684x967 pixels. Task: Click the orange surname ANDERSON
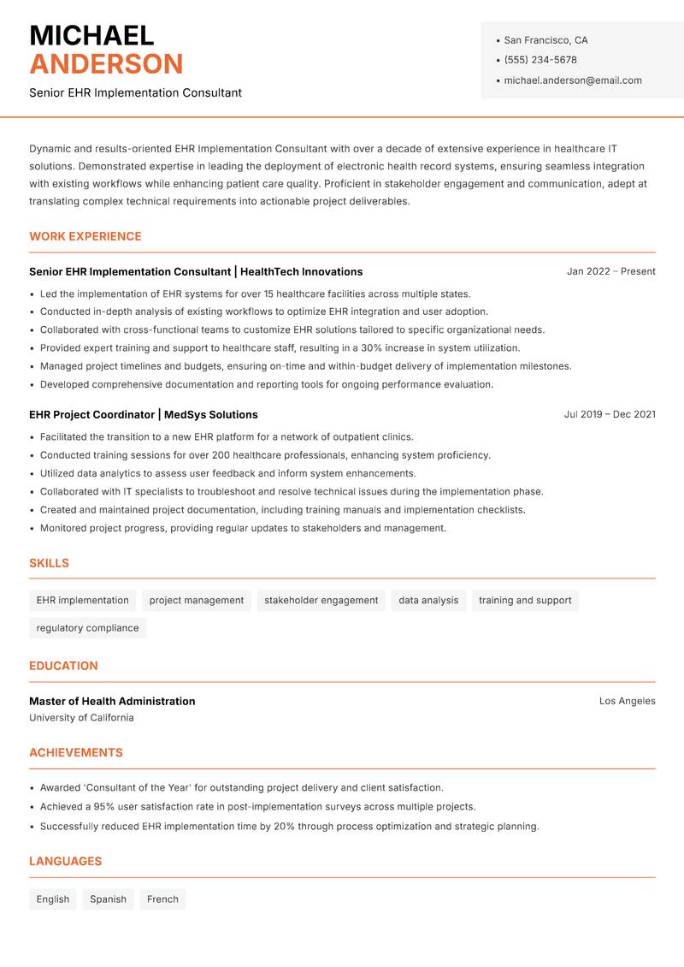(106, 64)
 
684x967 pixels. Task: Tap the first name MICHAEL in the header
(91, 35)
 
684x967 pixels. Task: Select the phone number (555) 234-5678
(540, 60)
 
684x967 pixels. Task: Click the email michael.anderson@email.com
(572, 80)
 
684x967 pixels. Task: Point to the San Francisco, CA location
(545, 40)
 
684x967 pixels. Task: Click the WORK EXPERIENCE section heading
(85, 236)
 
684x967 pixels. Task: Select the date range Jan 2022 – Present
(610, 271)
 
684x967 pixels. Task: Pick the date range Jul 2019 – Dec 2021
(610, 414)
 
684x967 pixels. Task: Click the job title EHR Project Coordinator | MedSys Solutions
(143, 414)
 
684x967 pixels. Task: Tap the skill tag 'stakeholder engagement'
(321, 601)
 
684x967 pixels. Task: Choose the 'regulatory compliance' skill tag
(87, 628)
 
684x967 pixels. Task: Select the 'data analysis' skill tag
(428, 601)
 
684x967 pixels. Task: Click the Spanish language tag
(108, 899)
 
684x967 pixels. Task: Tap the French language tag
(162, 899)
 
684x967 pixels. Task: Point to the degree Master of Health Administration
(112, 701)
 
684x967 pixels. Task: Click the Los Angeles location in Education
(627, 701)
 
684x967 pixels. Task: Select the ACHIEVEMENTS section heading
(76, 753)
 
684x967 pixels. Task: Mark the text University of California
(81, 718)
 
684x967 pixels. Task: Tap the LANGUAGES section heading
(65, 862)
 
